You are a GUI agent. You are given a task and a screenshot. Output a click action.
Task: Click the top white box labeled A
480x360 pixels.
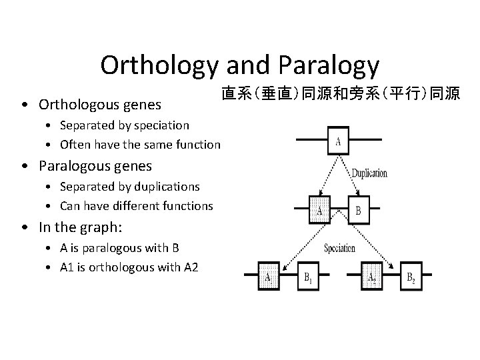tap(339, 142)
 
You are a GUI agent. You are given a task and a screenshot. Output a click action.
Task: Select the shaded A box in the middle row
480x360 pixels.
tap(320, 211)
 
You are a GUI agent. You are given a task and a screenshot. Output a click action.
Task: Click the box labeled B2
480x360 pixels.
tap(411, 278)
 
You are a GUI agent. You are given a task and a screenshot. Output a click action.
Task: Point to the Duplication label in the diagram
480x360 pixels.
tap(369, 173)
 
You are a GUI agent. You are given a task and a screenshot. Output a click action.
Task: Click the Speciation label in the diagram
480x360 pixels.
tap(339, 248)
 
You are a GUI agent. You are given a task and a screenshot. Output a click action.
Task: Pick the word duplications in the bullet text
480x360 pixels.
tap(166, 187)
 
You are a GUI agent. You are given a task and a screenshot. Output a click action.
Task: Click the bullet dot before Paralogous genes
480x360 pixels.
tap(24, 166)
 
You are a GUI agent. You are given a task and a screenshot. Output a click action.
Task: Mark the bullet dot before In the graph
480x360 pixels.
tap(24, 228)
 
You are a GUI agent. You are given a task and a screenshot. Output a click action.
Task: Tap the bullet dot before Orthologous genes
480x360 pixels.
tap(24, 105)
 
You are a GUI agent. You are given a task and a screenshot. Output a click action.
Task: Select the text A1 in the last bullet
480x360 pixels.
tap(67, 267)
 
